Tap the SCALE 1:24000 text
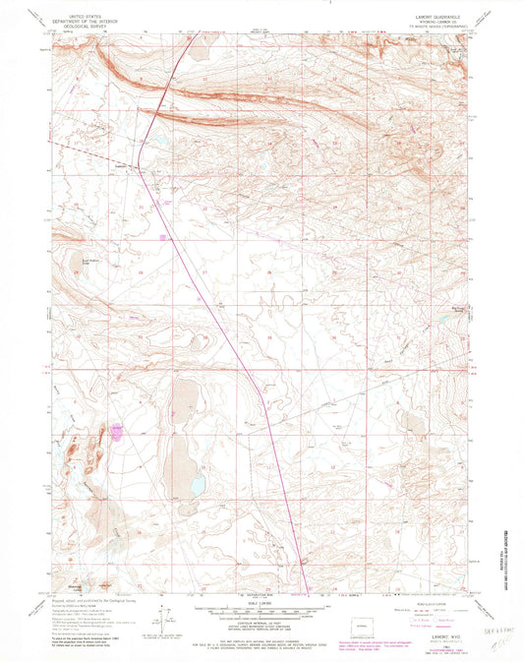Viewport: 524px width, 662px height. point(262,602)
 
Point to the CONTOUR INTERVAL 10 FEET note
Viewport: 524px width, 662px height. point(262,623)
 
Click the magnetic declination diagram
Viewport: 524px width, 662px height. point(162,620)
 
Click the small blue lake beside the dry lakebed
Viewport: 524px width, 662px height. point(197,485)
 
